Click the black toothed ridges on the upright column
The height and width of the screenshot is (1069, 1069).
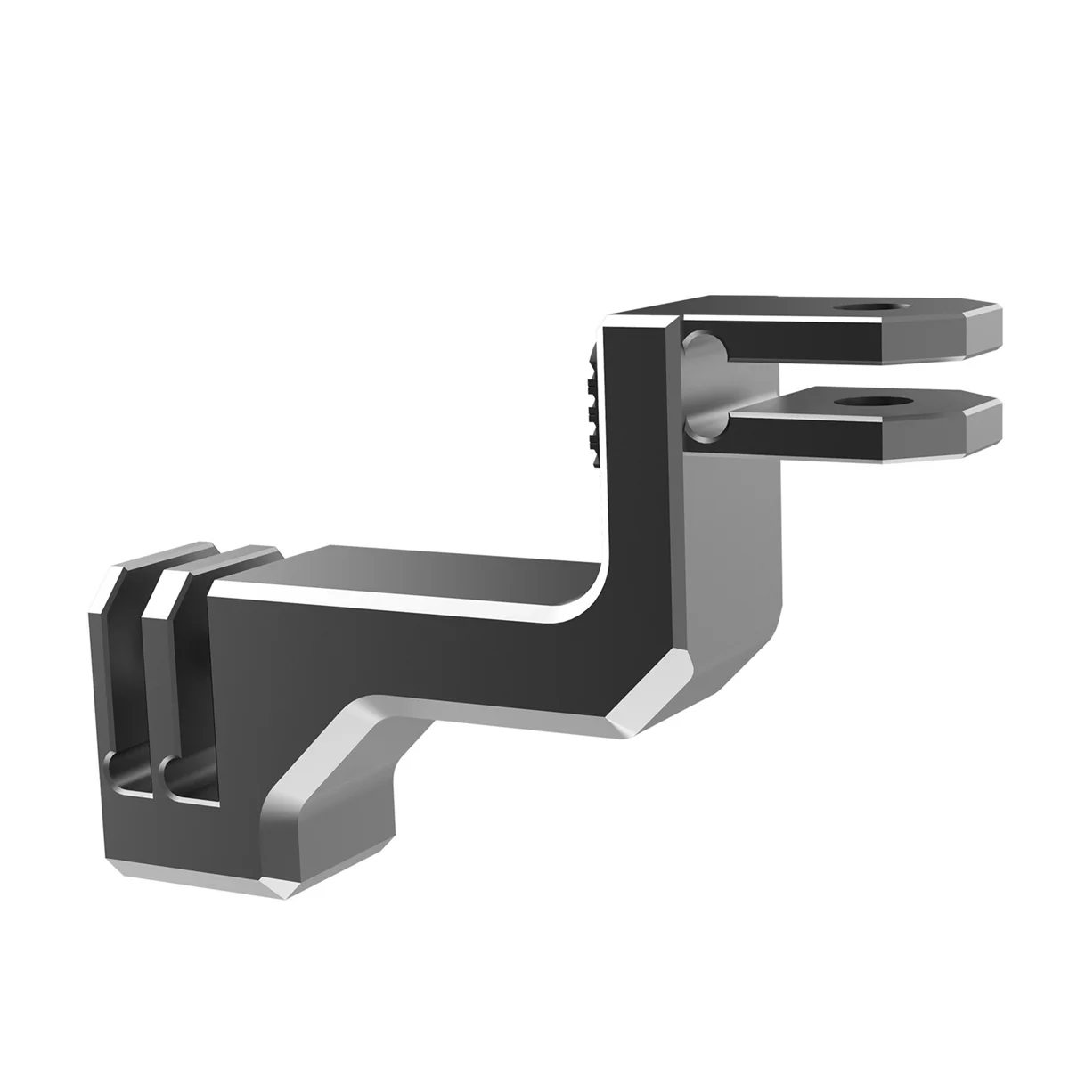pyautogui.click(x=592, y=401)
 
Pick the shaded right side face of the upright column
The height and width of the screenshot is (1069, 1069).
pyautogui.click(x=730, y=534)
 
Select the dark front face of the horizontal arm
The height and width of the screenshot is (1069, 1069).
pyautogui.click(x=428, y=641)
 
